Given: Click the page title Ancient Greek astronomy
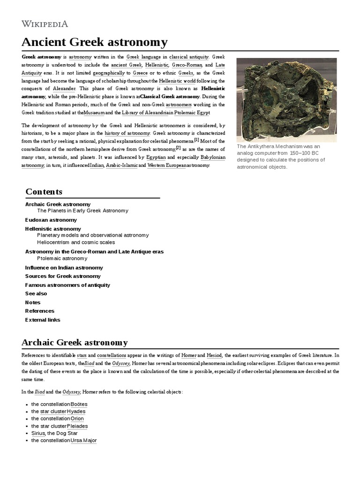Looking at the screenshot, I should click(x=94, y=42).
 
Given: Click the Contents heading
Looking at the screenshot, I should click(x=44, y=192).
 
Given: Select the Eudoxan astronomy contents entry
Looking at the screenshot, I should click(x=51, y=220).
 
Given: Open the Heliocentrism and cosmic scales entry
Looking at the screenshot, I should click(x=76, y=242).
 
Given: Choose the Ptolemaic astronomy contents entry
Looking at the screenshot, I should click(x=62, y=258).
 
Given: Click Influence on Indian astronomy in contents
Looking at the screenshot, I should click(x=64, y=268).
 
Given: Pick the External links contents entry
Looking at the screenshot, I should click(x=42, y=320).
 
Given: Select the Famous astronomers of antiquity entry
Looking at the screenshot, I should click(x=67, y=285).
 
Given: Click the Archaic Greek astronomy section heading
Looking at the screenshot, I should click(x=75, y=342).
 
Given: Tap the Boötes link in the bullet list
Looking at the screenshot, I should click(x=79, y=404).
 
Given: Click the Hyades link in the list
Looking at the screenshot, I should click(x=76, y=412).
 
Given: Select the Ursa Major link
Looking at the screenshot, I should click(x=83, y=441).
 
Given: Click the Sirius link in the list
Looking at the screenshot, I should click(x=37, y=434).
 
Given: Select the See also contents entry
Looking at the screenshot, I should click(x=36, y=293).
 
